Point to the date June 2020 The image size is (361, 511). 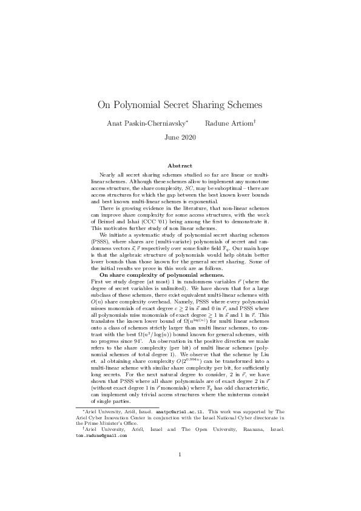pyautogui.click(x=180, y=138)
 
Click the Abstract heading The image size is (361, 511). pyautogui.click(x=180, y=166)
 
